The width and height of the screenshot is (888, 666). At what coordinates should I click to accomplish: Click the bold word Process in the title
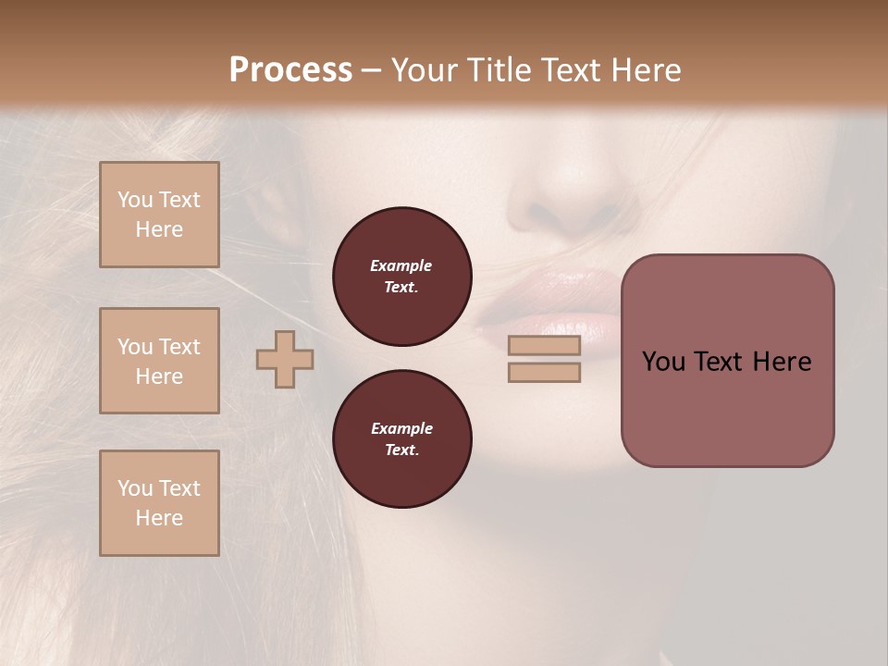pos(290,70)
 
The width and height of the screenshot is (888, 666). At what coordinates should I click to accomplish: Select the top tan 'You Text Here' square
pos(159,215)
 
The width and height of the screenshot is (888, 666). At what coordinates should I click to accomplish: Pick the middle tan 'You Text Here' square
pos(159,361)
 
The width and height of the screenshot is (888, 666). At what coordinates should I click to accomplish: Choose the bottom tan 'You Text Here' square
pos(159,503)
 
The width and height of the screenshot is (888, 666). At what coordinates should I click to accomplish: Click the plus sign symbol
pos(285,359)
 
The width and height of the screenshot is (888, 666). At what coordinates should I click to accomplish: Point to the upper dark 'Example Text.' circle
pos(401,277)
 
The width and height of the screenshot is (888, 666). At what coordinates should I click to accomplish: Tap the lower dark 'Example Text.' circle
pos(401,439)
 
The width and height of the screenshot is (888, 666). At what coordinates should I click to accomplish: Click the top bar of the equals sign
pos(544,346)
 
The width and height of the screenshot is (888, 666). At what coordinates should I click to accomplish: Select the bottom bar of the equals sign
pos(544,372)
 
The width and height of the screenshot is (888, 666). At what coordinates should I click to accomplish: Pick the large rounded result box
pos(727,361)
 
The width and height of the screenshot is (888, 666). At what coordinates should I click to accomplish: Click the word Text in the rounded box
pos(727,362)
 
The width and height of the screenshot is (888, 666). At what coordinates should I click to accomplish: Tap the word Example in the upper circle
pos(401,265)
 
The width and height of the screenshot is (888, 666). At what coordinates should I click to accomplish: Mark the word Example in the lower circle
pos(401,428)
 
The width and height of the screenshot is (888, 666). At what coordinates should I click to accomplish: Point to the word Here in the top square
pos(159,229)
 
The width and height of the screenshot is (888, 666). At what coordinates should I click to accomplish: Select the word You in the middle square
pos(134,347)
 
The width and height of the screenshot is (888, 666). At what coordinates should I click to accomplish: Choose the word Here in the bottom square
pos(159,518)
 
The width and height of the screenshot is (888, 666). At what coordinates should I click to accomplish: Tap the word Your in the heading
pos(426,70)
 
